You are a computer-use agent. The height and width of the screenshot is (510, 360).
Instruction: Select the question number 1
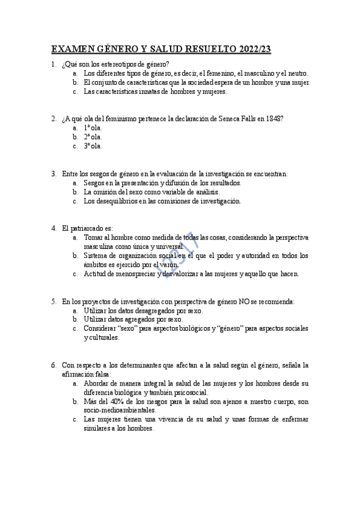point(53,64)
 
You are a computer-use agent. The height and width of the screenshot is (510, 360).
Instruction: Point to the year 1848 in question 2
point(276,118)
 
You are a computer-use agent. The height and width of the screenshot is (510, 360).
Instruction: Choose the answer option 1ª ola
point(93,127)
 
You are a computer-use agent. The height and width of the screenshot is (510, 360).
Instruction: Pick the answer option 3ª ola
point(93,146)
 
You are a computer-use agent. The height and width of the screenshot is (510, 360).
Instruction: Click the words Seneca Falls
point(242,118)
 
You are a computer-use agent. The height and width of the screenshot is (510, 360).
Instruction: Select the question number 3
point(53,174)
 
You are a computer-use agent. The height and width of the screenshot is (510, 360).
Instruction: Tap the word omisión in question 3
point(107,192)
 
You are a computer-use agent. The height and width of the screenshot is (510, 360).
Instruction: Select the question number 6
point(53,365)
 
